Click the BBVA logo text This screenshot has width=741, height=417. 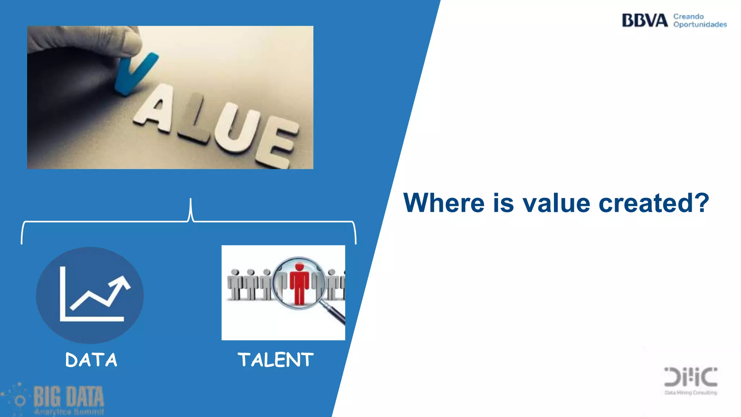[x=644, y=20]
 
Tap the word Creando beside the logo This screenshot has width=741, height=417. [x=688, y=17]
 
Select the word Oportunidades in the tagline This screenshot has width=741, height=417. [x=700, y=25]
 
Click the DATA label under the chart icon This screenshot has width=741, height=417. [x=91, y=360]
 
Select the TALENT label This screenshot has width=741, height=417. [x=275, y=360]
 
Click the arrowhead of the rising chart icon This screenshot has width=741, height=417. [x=123, y=282]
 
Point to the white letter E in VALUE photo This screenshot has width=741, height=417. [x=276, y=147]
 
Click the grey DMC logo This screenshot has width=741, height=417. [x=690, y=377]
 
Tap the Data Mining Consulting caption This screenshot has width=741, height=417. [x=690, y=392]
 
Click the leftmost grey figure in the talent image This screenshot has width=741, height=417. [x=235, y=284]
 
